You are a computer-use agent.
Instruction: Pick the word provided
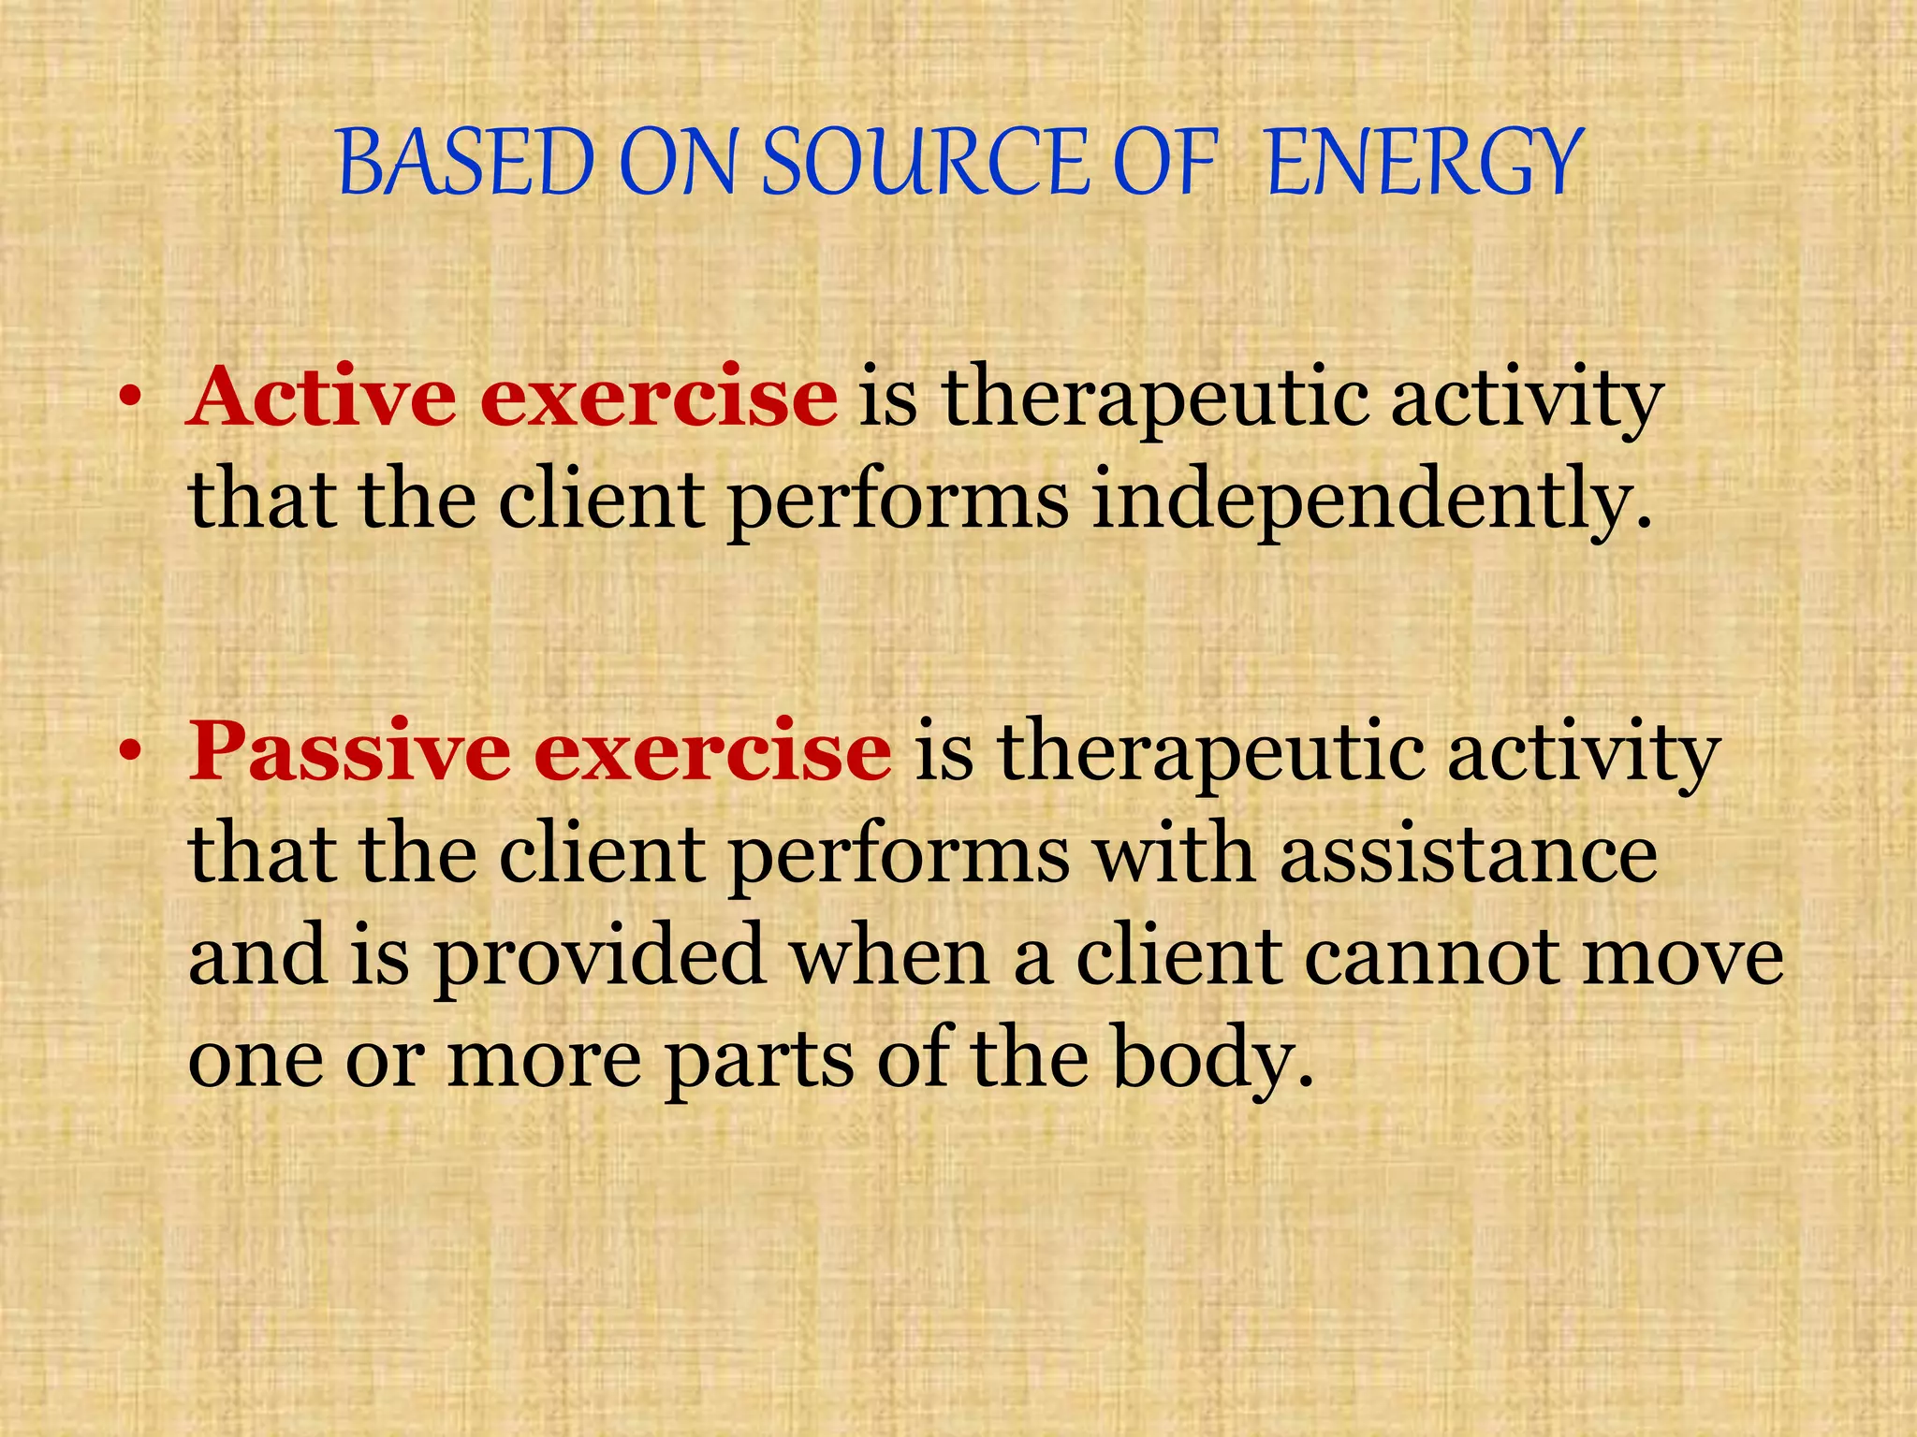pos(598,958)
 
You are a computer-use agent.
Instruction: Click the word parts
pos(759,1061)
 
